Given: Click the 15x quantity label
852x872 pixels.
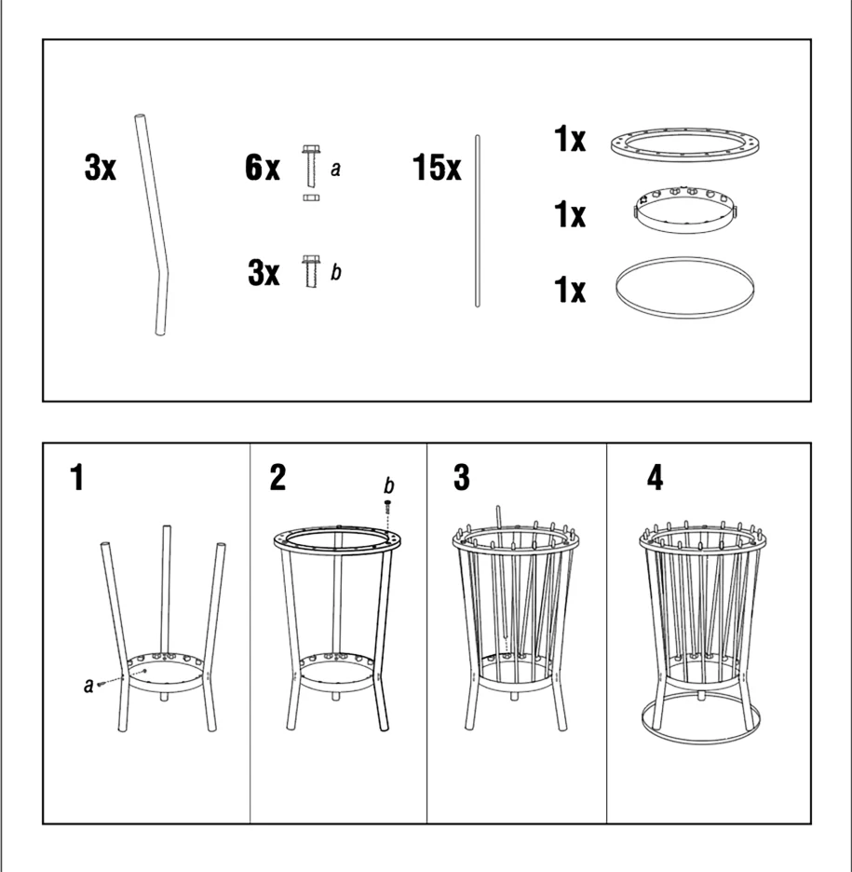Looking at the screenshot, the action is pos(437,167).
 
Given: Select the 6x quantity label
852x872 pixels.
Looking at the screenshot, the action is pos(263,167).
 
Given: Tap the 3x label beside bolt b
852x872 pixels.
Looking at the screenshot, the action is pos(264,272).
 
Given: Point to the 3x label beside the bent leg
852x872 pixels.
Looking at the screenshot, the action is pos(100,167).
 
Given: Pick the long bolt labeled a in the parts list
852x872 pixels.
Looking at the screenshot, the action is pos(311,166).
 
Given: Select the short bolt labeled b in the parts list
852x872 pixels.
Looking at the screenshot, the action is pos(311,271).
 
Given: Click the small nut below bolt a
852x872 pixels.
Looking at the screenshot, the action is pos(311,198).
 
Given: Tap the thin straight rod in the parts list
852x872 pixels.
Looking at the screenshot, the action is pos(478,221).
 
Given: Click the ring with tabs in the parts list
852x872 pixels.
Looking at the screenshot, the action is pos(685,228).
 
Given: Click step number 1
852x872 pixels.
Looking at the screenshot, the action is pos(77,477).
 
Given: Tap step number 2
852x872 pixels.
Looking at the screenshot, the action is pos(277,477).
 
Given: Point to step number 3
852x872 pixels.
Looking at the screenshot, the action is pos(461,477).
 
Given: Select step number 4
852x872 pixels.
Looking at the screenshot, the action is pos(656,477).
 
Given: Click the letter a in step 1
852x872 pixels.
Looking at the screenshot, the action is pos(88,685).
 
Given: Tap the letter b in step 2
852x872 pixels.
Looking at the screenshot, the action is pos(388,485).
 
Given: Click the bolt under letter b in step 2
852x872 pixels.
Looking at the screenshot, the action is pos(387,507).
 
